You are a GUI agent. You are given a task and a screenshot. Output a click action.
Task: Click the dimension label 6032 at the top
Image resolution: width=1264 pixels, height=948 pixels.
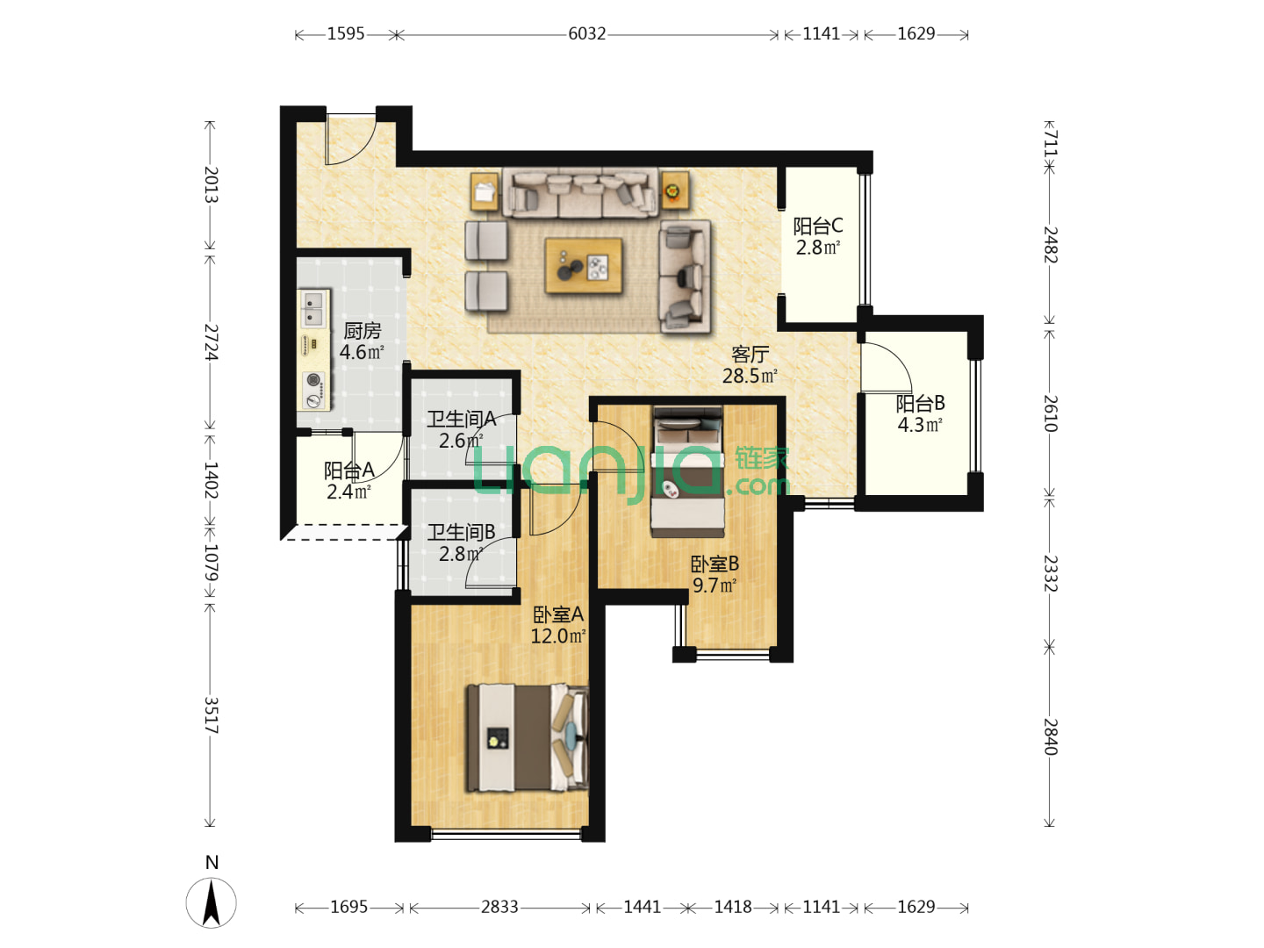click(x=587, y=34)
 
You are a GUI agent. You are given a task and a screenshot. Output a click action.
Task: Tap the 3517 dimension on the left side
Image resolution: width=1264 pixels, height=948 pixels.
click(x=211, y=715)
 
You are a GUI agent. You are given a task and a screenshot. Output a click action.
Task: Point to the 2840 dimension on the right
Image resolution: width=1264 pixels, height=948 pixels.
click(x=1051, y=736)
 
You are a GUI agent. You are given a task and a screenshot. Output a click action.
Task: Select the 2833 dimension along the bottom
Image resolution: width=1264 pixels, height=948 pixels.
click(x=499, y=907)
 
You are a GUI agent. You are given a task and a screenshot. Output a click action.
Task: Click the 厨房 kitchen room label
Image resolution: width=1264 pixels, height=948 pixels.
click(x=363, y=331)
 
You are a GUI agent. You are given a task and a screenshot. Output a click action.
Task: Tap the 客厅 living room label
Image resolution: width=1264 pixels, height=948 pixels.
click(x=750, y=354)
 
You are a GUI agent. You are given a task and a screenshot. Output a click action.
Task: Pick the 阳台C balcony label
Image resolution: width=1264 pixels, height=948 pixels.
click(x=818, y=226)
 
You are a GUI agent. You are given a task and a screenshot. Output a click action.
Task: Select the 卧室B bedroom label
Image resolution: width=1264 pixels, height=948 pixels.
click(x=714, y=564)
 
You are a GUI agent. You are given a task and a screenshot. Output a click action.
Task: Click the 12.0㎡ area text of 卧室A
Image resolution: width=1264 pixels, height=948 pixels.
click(x=558, y=636)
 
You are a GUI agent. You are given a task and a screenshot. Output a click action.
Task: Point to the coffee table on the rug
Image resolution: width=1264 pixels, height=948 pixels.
click(x=584, y=265)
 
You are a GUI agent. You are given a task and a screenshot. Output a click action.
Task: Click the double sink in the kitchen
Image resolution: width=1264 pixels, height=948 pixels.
click(x=312, y=308)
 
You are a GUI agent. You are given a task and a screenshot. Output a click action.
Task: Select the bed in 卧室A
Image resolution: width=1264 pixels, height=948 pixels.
click(x=527, y=737)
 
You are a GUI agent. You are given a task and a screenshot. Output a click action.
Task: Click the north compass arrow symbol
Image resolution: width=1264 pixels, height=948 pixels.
click(x=211, y=902)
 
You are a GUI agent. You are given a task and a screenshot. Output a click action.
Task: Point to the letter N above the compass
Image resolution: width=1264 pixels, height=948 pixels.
click(x=212, y=862)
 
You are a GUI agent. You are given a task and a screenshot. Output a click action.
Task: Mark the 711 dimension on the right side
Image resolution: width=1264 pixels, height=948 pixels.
click(x=1051, y=143)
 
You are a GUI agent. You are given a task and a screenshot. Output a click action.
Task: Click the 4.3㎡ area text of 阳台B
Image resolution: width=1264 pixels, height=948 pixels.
click(x=920, y=425)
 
